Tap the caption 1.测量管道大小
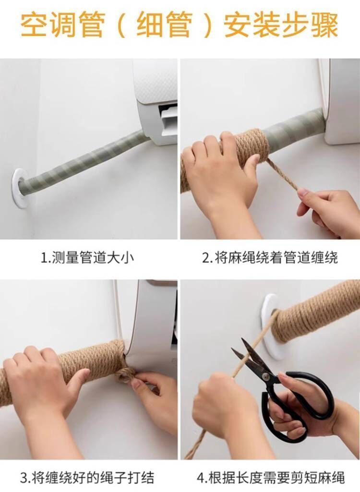[x=87, y=258]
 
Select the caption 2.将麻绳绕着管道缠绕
[x=270, y=258]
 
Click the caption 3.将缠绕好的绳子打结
[x=87, y=478]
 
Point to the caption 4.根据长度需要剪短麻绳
[x=271, y=478]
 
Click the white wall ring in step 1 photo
[x=21, y=187]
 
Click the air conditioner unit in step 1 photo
[x=156, y=101]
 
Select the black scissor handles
[x=298, y=408]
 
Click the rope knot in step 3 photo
[x=126, y=372]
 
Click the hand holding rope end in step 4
[x=221, y=413]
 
